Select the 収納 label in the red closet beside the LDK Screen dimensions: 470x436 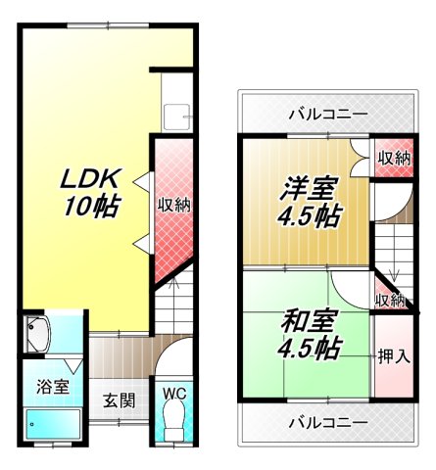[174, 206]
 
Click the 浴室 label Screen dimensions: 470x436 [55, 386]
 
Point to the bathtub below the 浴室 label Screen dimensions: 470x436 [55, 425]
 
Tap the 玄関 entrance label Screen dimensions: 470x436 [120, 401]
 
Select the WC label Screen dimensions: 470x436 [174, 395]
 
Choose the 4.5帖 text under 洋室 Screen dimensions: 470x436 [308, 215]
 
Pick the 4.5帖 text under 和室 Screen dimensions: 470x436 [309, 348]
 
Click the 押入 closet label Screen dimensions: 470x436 [393, 354]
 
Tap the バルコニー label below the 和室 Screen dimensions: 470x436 [328, 422]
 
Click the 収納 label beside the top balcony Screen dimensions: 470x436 [394, 158]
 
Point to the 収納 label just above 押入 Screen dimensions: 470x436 [389, 300]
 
